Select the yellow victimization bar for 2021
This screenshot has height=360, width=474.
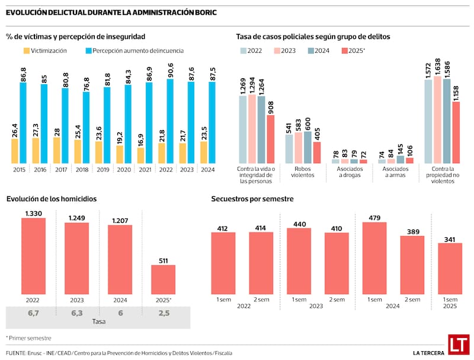coord(140,155)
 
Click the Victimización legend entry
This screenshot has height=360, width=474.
coord(44,51)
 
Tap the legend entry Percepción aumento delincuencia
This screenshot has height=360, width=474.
coord(134,51)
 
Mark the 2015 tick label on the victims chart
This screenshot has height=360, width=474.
coord(19,169)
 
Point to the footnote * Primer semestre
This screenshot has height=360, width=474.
coord(28,338)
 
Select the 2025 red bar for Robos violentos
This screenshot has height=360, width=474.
coord(317,152)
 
